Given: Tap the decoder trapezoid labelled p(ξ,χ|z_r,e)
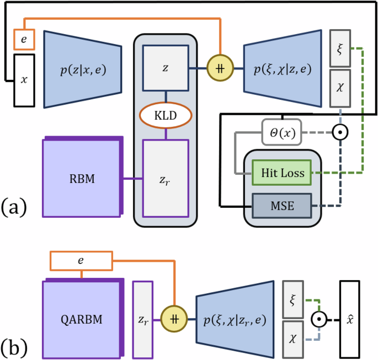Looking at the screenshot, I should tap(234, 319).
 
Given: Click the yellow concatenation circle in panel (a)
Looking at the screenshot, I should tap(221, 69).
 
